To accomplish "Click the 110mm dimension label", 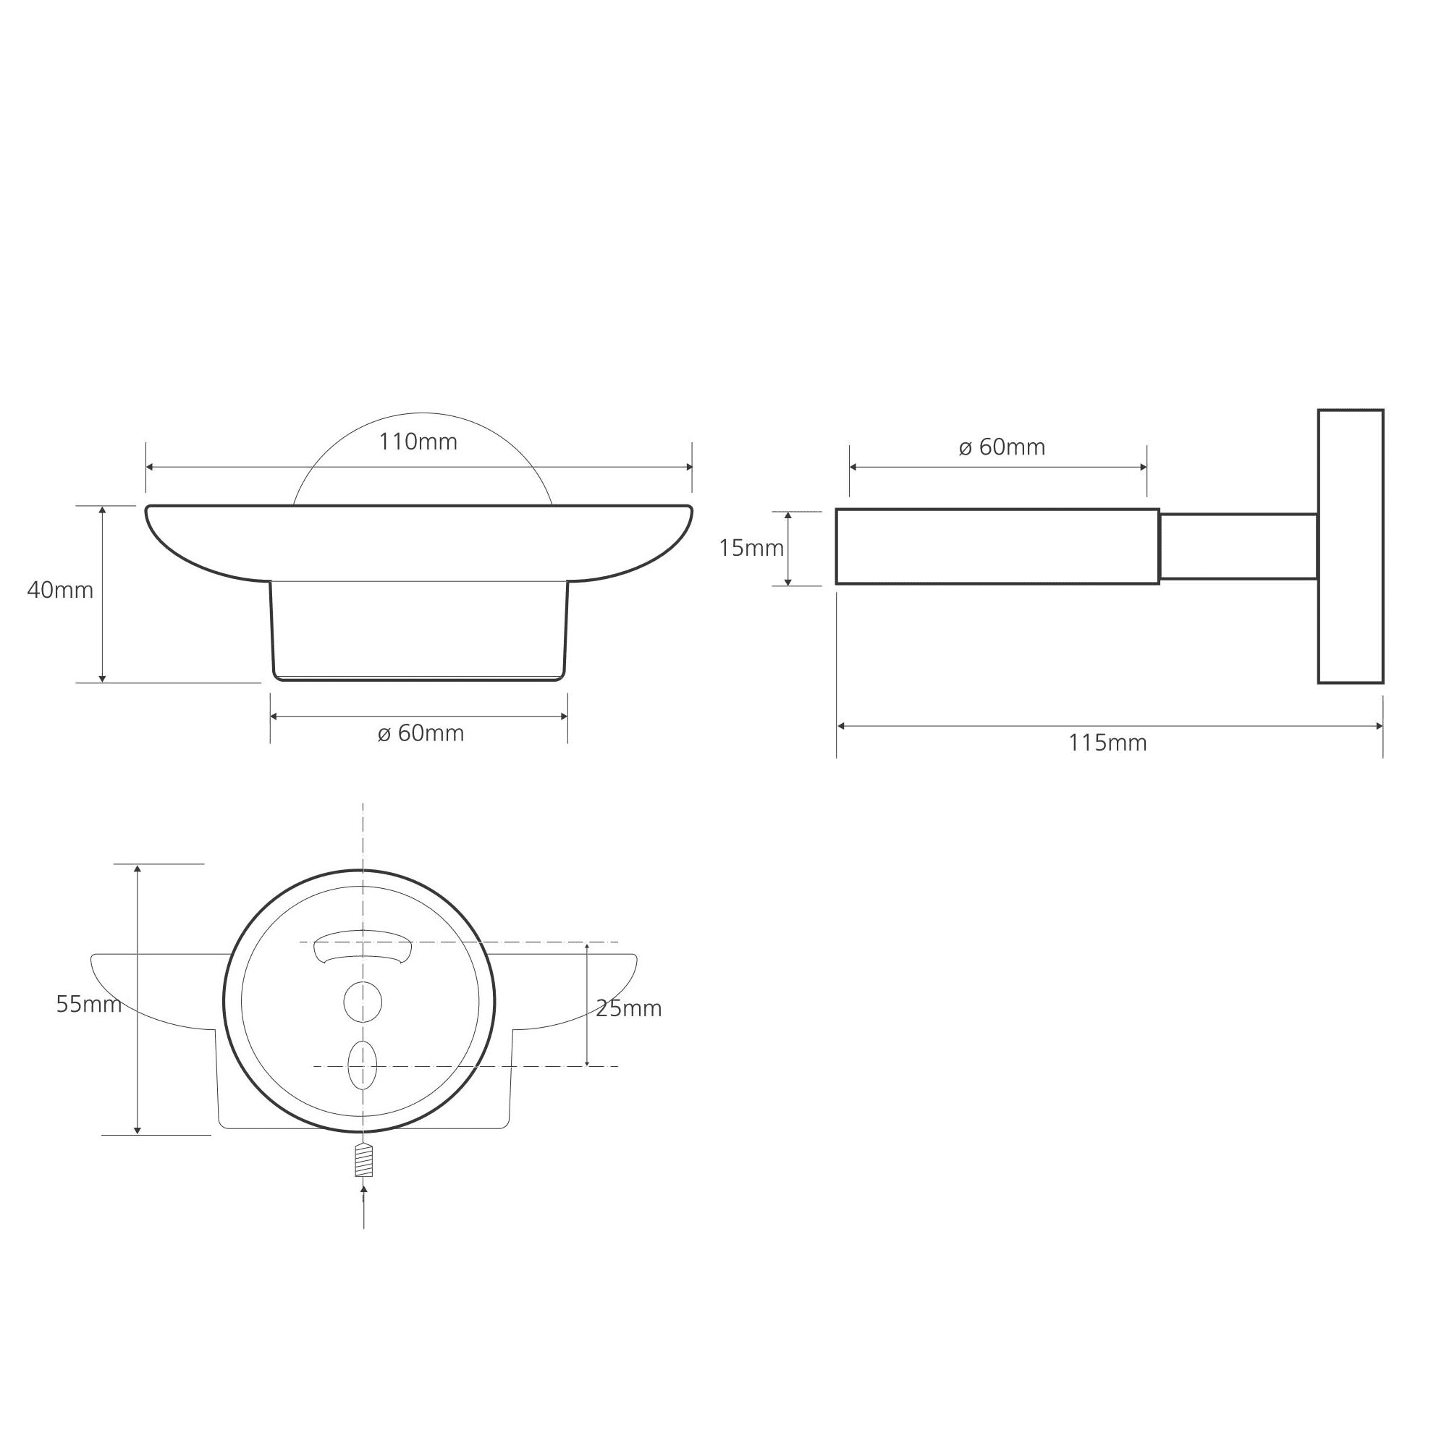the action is point(418,442).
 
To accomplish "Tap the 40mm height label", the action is point(60,590).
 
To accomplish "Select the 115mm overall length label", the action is point(1107,743).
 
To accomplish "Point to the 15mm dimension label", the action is point(751,548).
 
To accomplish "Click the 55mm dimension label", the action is point(89,1004).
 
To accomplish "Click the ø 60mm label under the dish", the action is point(421,733).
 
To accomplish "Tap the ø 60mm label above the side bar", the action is point(1002,447).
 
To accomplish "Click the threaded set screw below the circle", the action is point(363,1160).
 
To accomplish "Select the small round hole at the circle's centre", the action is point(363,1002).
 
